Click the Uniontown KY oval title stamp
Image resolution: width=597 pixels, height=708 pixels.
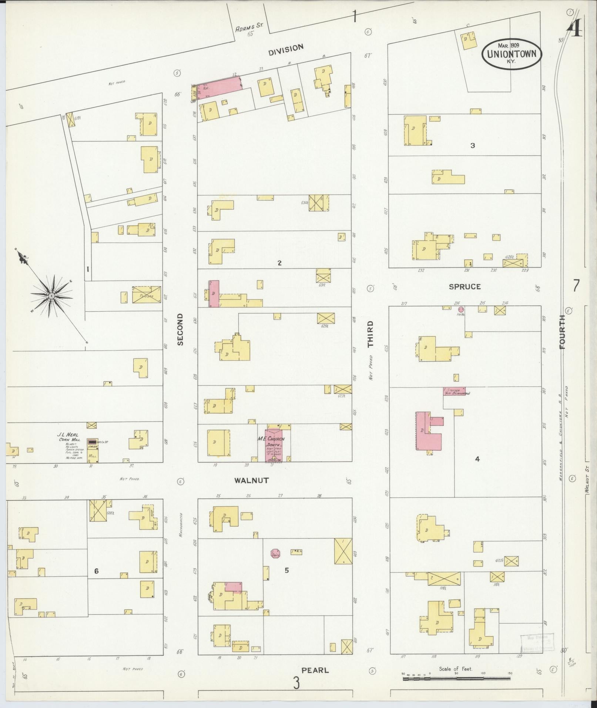point(512,53)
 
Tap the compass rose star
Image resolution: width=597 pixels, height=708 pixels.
point(52,295)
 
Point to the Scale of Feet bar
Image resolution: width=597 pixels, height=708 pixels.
point(457,678)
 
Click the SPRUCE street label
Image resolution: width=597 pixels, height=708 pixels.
point(464,286)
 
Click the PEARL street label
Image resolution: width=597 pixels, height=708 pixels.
point(315,670)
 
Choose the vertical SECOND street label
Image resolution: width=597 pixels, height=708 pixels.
point(180,329)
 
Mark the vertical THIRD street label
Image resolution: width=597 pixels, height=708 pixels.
point(370,334)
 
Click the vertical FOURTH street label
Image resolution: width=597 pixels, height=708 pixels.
point(563,332)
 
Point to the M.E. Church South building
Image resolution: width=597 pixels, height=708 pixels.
point(274,445)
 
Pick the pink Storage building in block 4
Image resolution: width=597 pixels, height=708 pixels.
point(454,391)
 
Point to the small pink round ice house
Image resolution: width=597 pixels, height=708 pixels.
point(461,309)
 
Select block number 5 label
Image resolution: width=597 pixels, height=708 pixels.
point(287,570)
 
